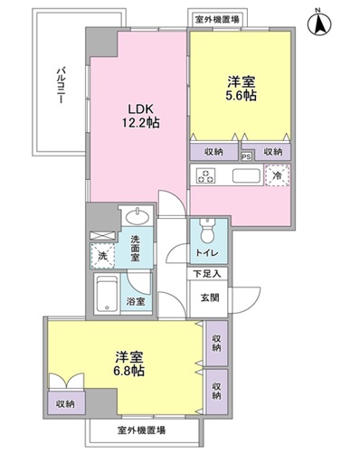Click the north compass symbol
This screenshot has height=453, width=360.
tap(319, 23)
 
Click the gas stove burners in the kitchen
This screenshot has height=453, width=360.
tap(205, 175)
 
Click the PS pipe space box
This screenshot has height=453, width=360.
tap(246, 154)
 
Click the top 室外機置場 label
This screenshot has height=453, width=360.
tap(217, 18)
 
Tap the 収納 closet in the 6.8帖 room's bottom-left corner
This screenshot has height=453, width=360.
tap(65, 402)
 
